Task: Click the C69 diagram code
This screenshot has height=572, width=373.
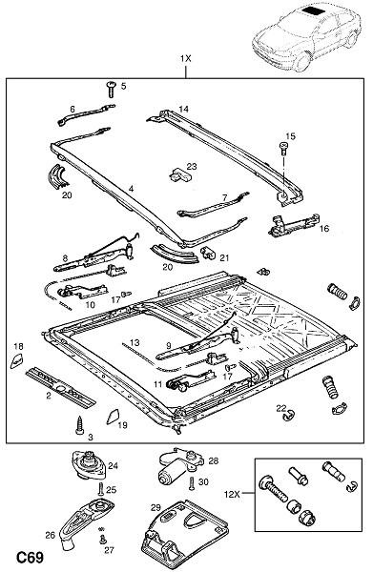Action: (30, 557)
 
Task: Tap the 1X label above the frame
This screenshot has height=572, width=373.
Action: (185, 58)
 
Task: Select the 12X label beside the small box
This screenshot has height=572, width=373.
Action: (232, 494)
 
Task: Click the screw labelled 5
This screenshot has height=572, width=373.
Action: (111, 89)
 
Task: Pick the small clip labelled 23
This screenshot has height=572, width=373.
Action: (180, 174)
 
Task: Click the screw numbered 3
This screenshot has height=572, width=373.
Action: (79, 425)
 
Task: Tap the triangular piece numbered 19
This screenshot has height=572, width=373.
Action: (113, 417)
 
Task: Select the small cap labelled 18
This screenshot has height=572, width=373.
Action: (18, 360)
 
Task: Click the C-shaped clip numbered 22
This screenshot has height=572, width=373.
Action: (289, 415)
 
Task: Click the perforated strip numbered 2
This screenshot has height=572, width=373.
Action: (61, 387)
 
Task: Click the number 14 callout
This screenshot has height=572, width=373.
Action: (183, 109)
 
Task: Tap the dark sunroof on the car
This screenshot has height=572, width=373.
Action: (313, 10)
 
